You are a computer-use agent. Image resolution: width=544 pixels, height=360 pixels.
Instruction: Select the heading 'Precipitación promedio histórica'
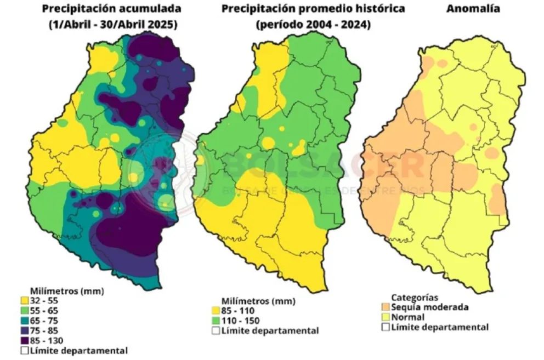pos(314,9)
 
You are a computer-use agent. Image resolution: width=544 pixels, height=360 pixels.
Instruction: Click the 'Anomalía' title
pos(468,9)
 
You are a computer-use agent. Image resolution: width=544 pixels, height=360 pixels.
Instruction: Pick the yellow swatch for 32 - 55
pos(25,300)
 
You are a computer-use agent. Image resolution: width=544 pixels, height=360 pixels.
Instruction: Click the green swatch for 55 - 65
pos(25,310)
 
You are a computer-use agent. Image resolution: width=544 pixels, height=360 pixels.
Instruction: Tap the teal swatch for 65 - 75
pos(25,321)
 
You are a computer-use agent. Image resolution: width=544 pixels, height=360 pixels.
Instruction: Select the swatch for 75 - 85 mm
pos(25,330)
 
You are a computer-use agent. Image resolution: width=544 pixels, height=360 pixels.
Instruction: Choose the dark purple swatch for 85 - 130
pos(25,340)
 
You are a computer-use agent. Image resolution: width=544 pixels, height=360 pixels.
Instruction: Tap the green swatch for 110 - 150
pos(216,321)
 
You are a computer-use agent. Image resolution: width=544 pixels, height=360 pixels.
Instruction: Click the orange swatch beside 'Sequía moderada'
pos(386,307)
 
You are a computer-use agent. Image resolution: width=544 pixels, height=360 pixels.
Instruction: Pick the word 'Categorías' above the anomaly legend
pos(414,298)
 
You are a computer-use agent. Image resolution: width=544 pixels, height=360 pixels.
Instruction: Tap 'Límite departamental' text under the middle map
pos(270,330)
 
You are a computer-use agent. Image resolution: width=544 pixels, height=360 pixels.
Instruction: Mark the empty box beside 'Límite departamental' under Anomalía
pos(386,327)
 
